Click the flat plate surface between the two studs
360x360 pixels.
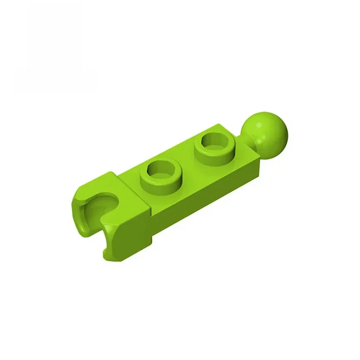pos(189,164)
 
